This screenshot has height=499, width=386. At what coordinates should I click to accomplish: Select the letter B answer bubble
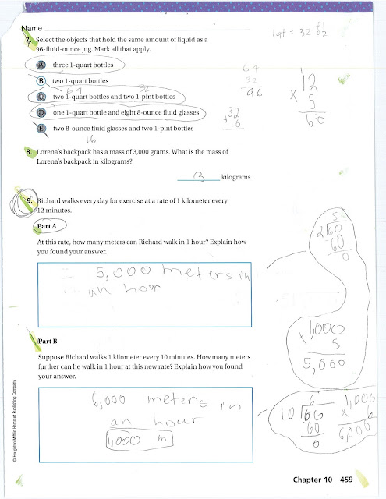[41, 80]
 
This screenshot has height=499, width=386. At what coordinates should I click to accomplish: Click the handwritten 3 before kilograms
[198, 177]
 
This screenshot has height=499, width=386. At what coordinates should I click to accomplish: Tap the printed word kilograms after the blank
[239, 178]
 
